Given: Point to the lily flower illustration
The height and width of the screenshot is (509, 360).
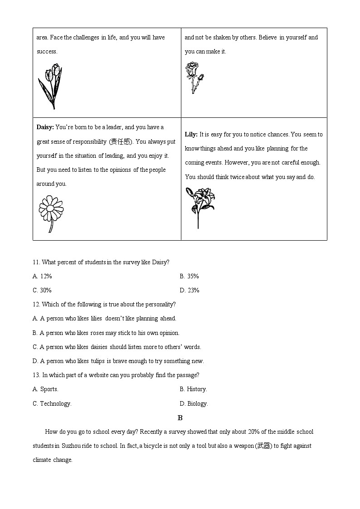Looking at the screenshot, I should [x=199, y=206].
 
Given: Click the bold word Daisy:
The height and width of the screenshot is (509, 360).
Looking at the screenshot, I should [x=45, y=127].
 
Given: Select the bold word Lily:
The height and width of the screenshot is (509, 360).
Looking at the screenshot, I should [x=191, y=135].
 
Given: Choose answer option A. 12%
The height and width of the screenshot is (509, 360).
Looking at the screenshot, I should [x=42, y=276].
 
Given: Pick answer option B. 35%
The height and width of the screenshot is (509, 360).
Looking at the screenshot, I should [x=189, y=276].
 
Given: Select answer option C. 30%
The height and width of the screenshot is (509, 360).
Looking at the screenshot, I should [x=42, y=290].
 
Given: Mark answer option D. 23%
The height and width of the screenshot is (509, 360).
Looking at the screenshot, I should [x=190, y=290].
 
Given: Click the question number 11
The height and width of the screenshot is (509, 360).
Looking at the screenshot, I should [x=36, y=262].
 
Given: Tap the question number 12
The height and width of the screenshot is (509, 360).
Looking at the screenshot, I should [x=36, y=304].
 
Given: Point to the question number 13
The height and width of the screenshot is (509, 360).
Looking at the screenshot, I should [x=36, y=375].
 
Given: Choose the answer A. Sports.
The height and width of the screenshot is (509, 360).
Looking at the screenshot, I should [x=45, y=389].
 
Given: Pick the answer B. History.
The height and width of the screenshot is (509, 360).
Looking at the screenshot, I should [x=193, y=389].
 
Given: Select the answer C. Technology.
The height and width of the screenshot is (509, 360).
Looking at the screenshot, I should [x=52, y=403].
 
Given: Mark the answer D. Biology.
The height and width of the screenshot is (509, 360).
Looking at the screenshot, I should [x=194, y=403].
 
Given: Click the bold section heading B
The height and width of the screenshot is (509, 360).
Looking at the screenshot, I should [x=180, y=417].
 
